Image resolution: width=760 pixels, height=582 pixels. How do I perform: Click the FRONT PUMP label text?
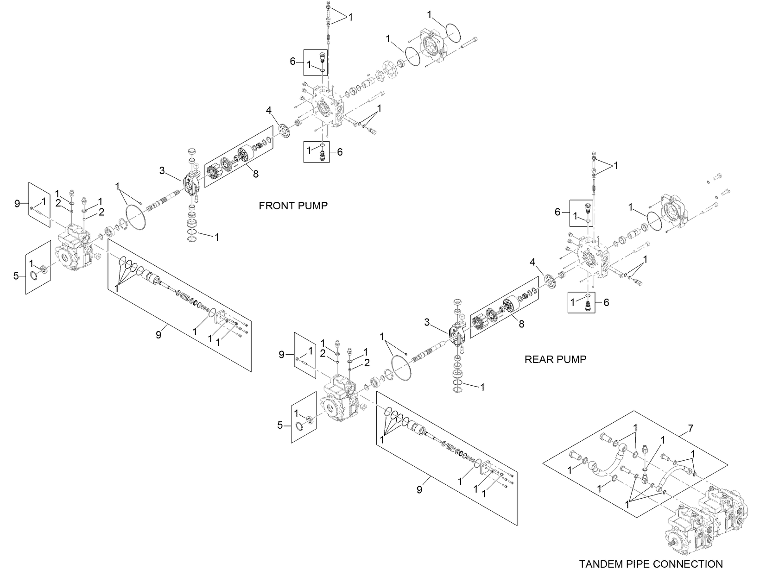tap(293, 206)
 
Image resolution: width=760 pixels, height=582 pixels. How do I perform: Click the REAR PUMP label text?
tap(555, 359)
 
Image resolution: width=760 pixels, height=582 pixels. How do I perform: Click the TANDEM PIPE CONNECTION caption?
tap(651, 564)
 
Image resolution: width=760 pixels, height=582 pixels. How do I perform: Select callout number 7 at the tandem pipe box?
tap(690, 429)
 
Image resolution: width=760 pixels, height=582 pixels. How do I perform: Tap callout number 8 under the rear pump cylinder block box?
tap(521, 324)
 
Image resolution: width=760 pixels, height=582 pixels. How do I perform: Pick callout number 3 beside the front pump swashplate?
tap(162, 171)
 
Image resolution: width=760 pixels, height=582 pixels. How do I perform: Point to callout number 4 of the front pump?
tap(268, 111)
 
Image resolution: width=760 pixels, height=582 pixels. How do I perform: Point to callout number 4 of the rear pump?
tap(533, 263)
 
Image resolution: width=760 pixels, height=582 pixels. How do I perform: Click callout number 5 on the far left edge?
tap(16, 276)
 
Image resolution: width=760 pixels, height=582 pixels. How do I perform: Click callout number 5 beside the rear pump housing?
tap(280, 425)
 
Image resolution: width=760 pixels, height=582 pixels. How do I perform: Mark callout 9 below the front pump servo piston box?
tap(158, 335)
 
